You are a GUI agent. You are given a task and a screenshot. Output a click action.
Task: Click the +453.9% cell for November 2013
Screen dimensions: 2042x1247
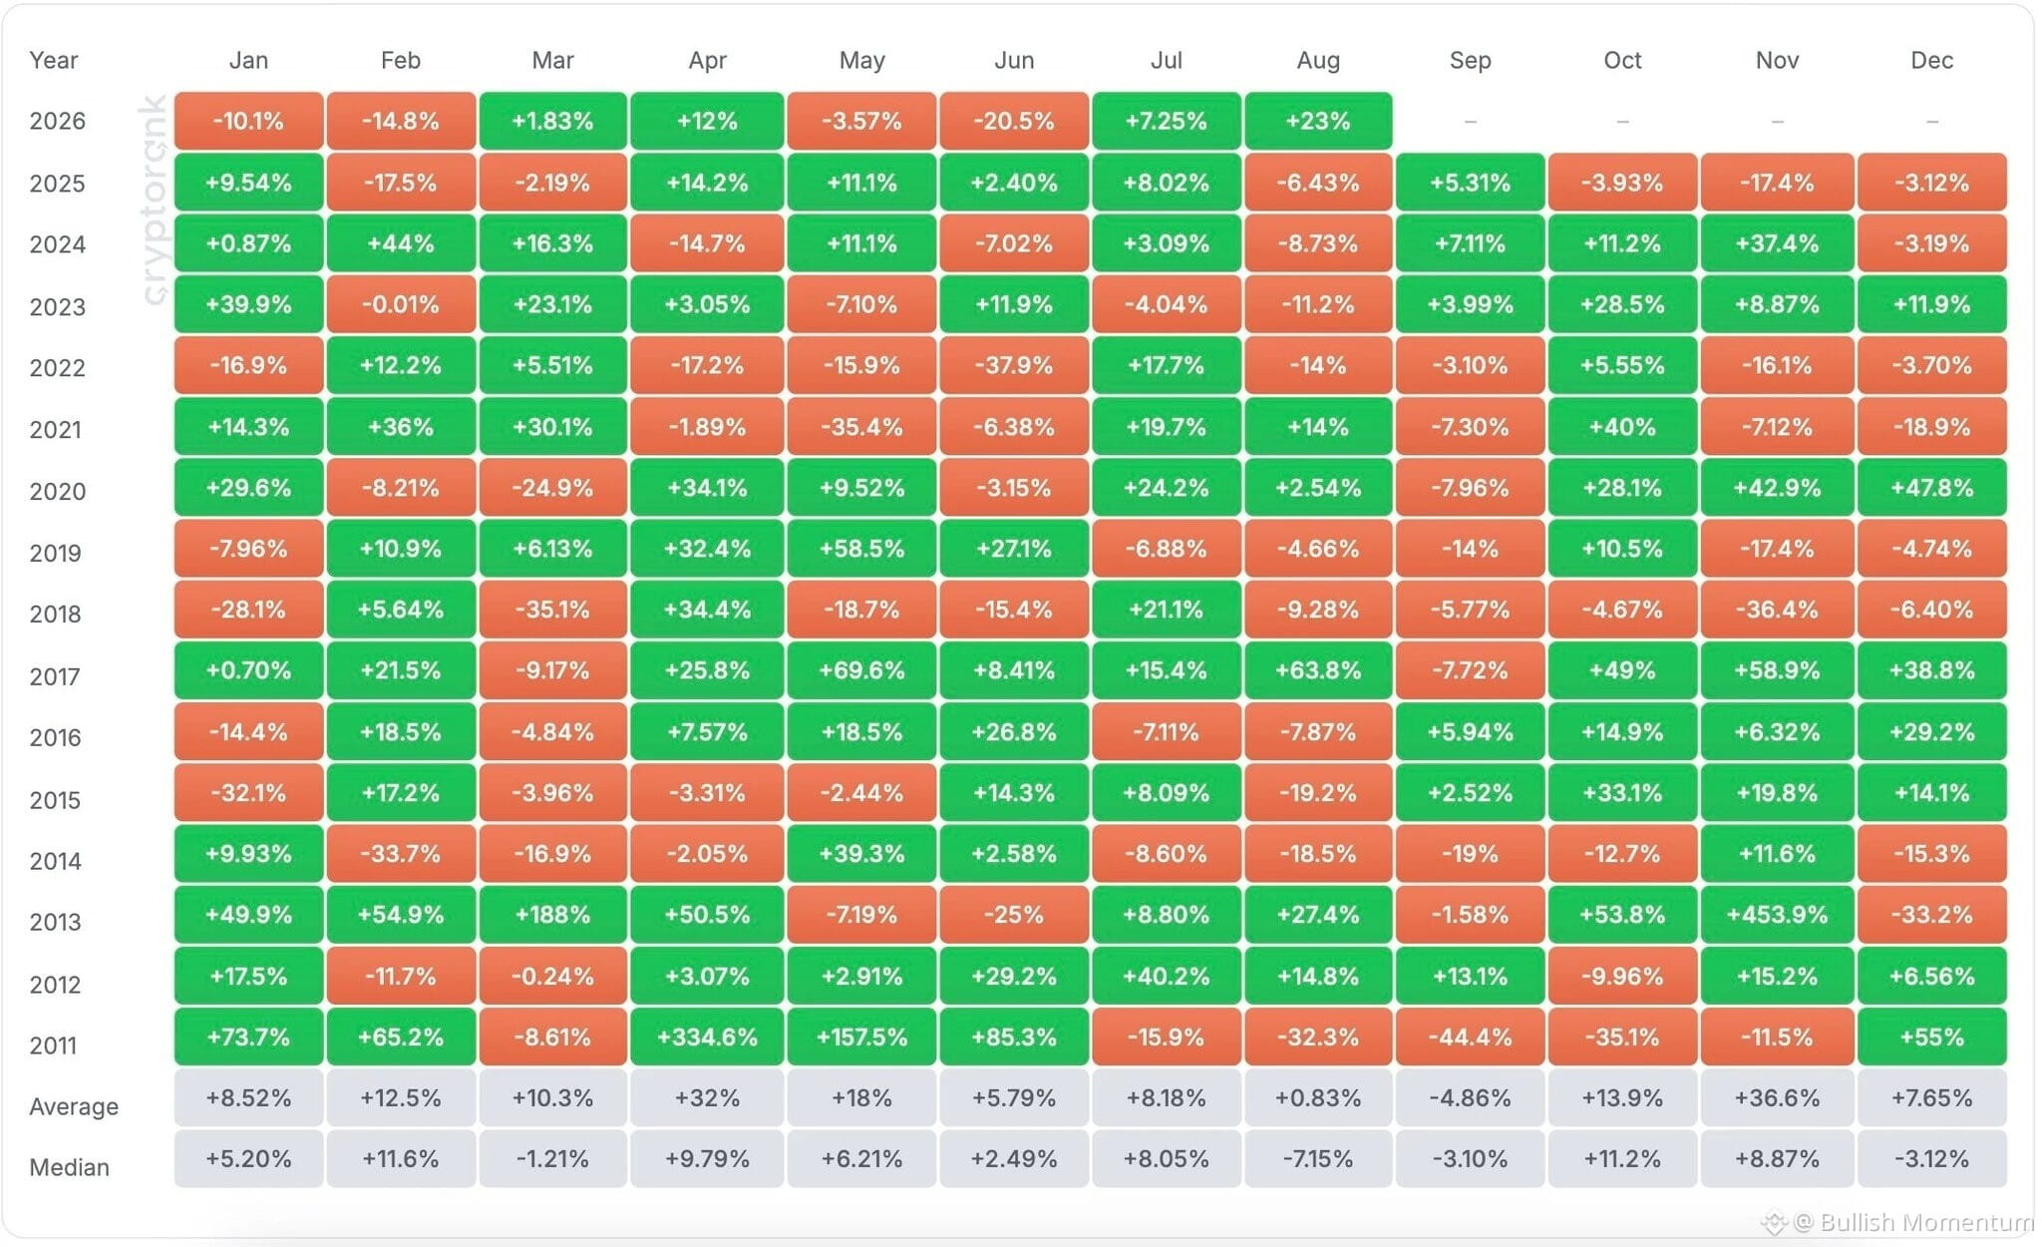point(1777,915)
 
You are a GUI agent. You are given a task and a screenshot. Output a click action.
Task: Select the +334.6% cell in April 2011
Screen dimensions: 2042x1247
point(707,1037)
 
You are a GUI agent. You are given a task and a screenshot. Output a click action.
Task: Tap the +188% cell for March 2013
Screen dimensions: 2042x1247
point(552,915)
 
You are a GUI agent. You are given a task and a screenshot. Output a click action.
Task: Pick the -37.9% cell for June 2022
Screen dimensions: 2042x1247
point(1014,365)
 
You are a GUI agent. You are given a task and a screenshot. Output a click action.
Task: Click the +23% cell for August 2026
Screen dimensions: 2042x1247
point(1318,121)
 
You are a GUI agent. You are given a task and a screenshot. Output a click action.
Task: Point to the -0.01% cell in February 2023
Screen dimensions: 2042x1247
point(401,304)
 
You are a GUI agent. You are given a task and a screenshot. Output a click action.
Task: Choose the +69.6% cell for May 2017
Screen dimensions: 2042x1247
point(861,670)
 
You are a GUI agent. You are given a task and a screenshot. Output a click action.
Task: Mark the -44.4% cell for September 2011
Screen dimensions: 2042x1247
point(1471,1037)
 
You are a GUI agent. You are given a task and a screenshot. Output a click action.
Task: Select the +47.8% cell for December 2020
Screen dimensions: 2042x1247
point(1931,488)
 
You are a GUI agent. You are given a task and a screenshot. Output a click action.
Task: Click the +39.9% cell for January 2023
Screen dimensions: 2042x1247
point(248,304)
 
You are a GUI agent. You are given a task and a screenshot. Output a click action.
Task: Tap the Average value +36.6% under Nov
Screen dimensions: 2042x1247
point(1777,1098)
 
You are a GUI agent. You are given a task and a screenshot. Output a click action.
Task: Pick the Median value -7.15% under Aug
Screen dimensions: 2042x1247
point(1318,1159)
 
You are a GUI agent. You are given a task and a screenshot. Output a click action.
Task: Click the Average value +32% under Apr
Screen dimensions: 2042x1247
point(707,1098)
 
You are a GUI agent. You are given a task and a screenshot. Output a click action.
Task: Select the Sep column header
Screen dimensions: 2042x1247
point(1471,60)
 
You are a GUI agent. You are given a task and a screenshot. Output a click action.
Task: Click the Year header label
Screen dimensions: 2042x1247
point(54,60)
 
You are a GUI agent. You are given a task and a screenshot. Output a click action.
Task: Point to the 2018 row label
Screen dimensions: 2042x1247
point(56,614)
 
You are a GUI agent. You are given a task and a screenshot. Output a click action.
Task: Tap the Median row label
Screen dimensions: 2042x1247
point(70,1167)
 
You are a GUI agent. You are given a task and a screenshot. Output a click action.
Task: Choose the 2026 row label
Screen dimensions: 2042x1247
point(58,121)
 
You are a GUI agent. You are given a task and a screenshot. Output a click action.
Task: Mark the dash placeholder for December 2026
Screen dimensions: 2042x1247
point(1932,122)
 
